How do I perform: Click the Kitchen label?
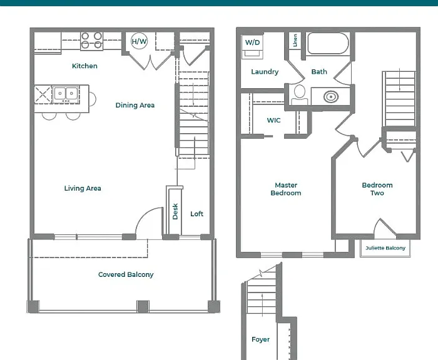(x=84, y=66)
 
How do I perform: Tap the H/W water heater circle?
(x=139, y=41)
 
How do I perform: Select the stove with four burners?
(x=91, y=41)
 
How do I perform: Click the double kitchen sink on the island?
(x=66, y=93)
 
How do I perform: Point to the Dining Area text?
(x=135, y=105)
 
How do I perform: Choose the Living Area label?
(x=83, y=188)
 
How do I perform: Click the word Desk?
(x=175, y=211)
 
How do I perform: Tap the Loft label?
(x=196, y=214)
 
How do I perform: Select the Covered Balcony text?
(x=126, y=274)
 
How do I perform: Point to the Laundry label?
(x=265, y=72)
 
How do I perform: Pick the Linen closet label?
(x=295, y=40)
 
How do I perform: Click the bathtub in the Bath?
(x=328, y=43)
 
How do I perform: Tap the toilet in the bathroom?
(x=300, y=95)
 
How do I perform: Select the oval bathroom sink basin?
(x=331, y=97)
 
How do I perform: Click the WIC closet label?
(x=274, y=120)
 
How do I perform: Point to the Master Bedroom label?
(x=286, y=189)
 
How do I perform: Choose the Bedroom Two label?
(x=377, y=189)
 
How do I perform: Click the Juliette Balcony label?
(x=385, y=248)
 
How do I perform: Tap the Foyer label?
(x=261, y=339)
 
